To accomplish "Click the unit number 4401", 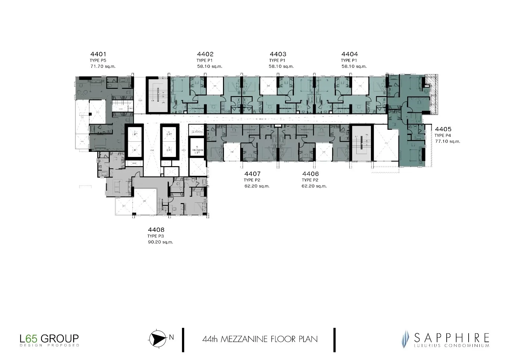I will pos(98,54).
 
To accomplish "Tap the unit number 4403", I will pos(278,54).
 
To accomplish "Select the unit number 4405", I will pos(443,129).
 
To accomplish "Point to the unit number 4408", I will pos(156,229).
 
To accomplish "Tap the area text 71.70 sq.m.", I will pos(103,67).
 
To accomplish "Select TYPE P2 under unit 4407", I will pos(252,180).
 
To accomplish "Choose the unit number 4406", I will pos(310,174).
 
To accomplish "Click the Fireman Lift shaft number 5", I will pos(197,147).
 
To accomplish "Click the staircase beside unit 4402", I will pos(158,95).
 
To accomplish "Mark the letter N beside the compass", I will pos(172,338).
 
